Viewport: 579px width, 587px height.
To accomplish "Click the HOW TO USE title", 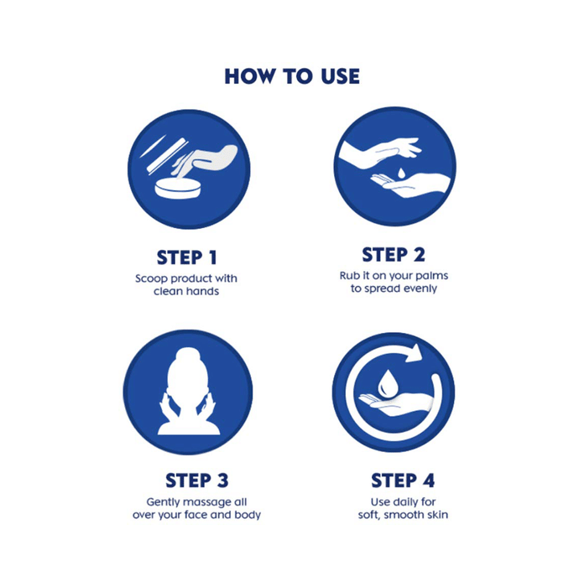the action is tap(292, 76).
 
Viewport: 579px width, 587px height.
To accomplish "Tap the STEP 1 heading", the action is tap(186, 257).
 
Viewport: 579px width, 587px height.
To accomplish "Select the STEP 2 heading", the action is tap(394, 255).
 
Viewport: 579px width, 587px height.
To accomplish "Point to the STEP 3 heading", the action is tap(196, 481).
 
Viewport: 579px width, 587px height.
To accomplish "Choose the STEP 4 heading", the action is tap(403, 481).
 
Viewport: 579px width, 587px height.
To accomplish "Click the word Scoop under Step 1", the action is tap(151, 279).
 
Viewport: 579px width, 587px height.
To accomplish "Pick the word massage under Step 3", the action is tap(206, 501).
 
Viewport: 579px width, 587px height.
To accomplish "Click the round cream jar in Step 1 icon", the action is tap(178, 189).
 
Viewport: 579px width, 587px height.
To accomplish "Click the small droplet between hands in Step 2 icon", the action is tap(401, 174).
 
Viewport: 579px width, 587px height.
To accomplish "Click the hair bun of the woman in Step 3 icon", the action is tap(188, 355).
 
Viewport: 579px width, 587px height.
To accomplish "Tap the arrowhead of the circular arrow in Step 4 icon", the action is tap(414, 353).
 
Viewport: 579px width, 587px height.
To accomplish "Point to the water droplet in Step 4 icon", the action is tap(387, 382).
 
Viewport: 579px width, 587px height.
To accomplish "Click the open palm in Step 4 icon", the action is tap(396, 404).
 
